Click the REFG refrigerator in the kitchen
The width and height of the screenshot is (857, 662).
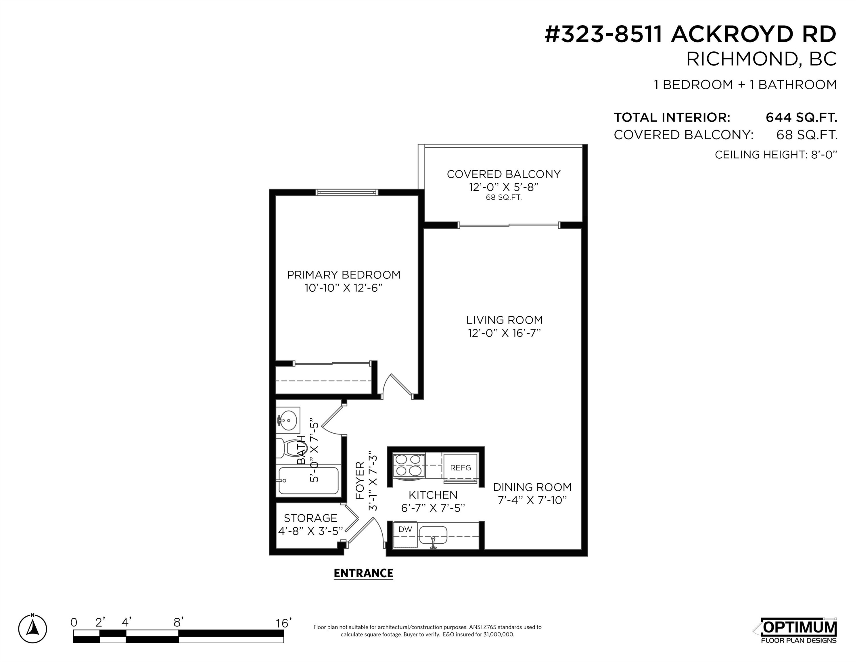(460, 467)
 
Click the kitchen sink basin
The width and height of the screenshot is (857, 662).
(433, 535)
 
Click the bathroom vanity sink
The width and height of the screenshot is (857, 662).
(288, 420)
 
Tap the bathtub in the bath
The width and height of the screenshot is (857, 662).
(308, 480)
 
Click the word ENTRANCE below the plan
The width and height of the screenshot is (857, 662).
(363, 574)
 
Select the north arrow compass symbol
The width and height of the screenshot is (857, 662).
(32, 629)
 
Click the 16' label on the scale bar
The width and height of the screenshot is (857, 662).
(283, 623)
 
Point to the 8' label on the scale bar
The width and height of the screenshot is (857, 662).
(179, 622)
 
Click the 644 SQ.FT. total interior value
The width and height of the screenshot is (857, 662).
(801, 117)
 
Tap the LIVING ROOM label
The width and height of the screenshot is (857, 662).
(504, 320)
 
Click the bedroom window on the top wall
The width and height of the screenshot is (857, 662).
(347, 192)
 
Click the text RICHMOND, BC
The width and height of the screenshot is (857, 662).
(761, 59)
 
